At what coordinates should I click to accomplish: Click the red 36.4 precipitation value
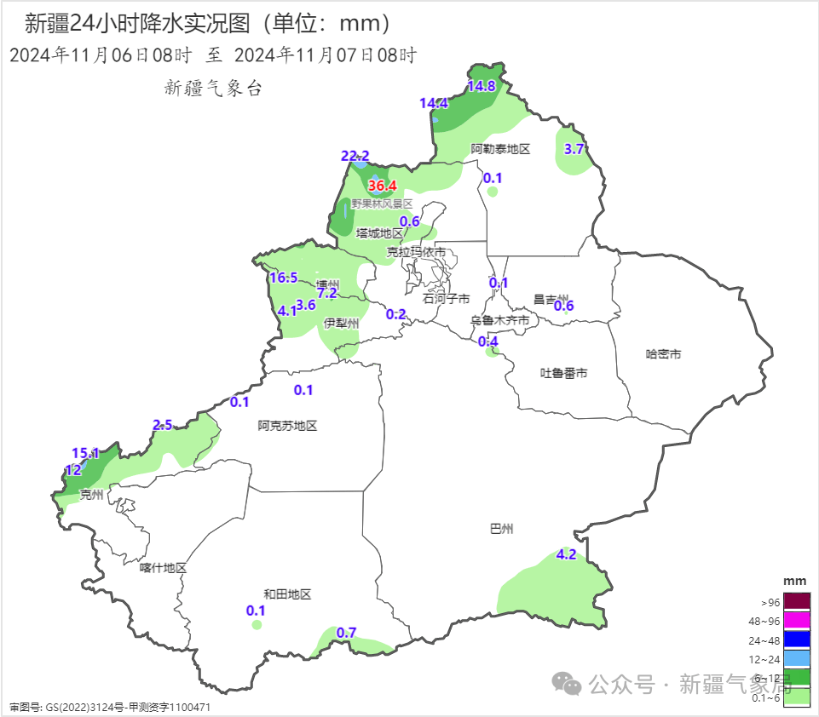[x=383, y=186]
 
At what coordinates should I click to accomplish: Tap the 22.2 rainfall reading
[x=355, y=156]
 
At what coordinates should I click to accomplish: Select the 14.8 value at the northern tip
[x=482, y=86]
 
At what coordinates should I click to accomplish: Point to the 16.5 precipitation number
[x=283, y=278]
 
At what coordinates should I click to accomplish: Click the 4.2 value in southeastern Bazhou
[x=566, y=554]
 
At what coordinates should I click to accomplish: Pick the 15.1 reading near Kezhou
[x=85, y=453]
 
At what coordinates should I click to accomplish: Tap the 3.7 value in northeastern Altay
[x=574, y=148]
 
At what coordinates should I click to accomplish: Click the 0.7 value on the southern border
[x=346, y=633]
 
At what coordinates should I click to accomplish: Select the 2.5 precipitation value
[x=162, y=425]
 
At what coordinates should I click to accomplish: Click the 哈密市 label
[x=663, y=353]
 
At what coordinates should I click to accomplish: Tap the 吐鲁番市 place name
[x=564, y=373]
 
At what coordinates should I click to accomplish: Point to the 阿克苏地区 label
[x=287, y=426]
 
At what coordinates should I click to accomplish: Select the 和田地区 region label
[x=287, y=594]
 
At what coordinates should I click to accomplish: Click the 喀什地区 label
[x=163, y=568]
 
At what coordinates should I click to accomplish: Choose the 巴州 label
[x=502, y=529]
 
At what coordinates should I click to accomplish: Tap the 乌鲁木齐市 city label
[x=500, y=320]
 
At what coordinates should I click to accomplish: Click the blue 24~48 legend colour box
[x=796, y=639]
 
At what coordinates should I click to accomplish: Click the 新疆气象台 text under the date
[x=212, y=87]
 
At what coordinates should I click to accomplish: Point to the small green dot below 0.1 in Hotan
[x=257, y=625]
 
